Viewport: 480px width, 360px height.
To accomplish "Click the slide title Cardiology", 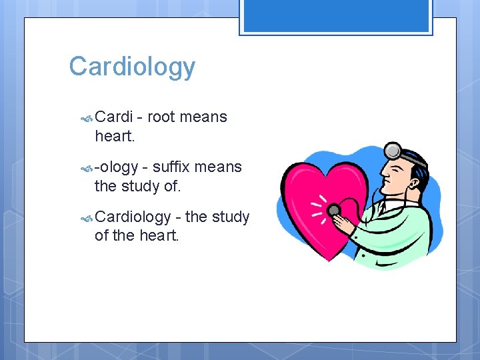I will pos(132,67).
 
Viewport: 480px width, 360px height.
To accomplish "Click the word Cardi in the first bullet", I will pos(115,117).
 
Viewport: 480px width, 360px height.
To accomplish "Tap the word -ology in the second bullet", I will pos(116,167).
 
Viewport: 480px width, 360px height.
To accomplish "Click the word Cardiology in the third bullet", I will pos(133,217).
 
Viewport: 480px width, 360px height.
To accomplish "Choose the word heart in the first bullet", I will pos(113,136).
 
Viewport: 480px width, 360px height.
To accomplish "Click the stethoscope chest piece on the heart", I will pos(334,211).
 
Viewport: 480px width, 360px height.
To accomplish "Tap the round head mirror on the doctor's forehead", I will pos(393,150).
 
